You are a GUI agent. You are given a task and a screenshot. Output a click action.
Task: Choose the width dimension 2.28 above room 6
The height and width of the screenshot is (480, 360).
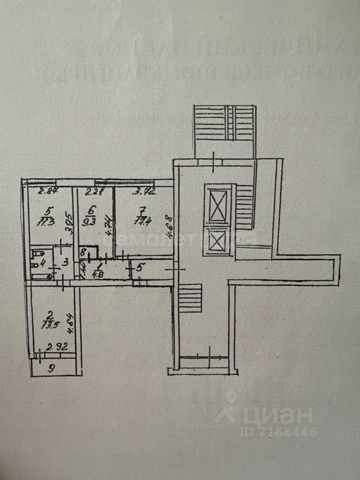point(94,190)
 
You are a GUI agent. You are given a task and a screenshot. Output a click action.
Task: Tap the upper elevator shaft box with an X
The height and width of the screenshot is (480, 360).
point(219,204)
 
